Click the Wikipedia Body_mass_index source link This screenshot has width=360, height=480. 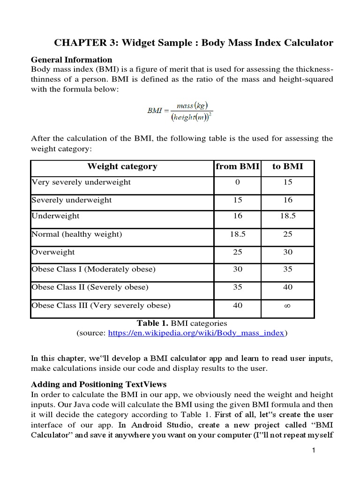(196, 333)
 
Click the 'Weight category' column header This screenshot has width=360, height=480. (122, 166)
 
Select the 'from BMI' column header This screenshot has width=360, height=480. (237, 166)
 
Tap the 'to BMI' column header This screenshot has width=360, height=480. (287, 166)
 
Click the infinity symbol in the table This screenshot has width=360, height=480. (288, 306)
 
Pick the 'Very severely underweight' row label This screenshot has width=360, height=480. (81, 182)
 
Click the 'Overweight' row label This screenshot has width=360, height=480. (53, 252)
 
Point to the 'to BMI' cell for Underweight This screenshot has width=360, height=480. (288, 216)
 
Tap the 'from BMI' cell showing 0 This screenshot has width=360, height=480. (238, 182)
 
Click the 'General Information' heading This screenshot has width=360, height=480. (71, 60)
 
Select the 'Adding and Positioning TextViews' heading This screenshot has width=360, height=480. (98, 384)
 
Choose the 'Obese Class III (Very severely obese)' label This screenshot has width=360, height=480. (101, 306)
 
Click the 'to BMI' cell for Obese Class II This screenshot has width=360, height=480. (288, 287)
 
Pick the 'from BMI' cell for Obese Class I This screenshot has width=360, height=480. (238, 269)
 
